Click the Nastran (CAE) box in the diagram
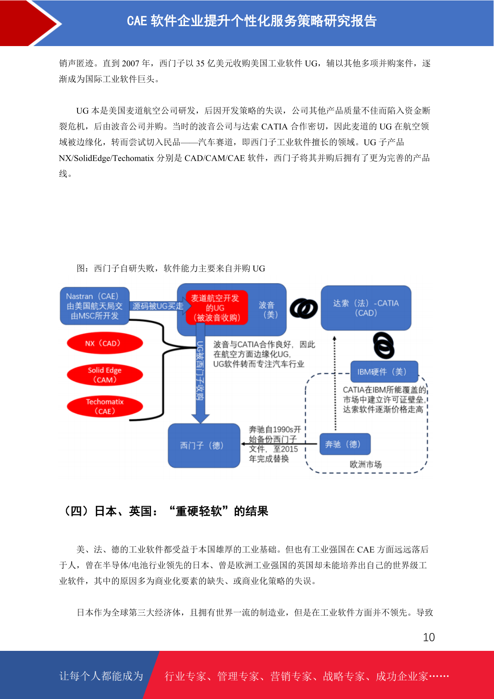pyautogui.click(x=95, y=306)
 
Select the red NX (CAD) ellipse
pyautogui.click(x=105, y=343)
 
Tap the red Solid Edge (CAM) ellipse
pyautogui.click(x=105, y=375)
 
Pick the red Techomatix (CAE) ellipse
pyautogui.click(x=105, y=406)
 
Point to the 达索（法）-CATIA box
pyautogui.click(x=366, y=308)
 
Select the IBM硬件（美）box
pyautogui.click(x=384, y=371)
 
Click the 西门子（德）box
pyautogui.click(x=204, y=445)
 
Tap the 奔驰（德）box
pyautogui.click(x=345, y=444)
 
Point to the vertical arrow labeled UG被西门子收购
pyautogui.click(x=200, y=373)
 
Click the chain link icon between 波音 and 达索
pyautogui.click(x=304, y=308)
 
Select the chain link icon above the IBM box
pyautogui.click(x=384, y=345)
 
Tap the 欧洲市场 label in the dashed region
pyautogui.click(x=365, y=464)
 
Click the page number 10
pyautogui.click(x=429, y=637)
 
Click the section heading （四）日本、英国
pyautogui.click(x=165, y=511)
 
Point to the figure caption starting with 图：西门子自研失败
pyautogui.click(x=171, y=269)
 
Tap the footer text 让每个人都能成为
pyautogui.click(x=101, y=676)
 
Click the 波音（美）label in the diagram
pyautogui.click(x=267, y=310)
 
